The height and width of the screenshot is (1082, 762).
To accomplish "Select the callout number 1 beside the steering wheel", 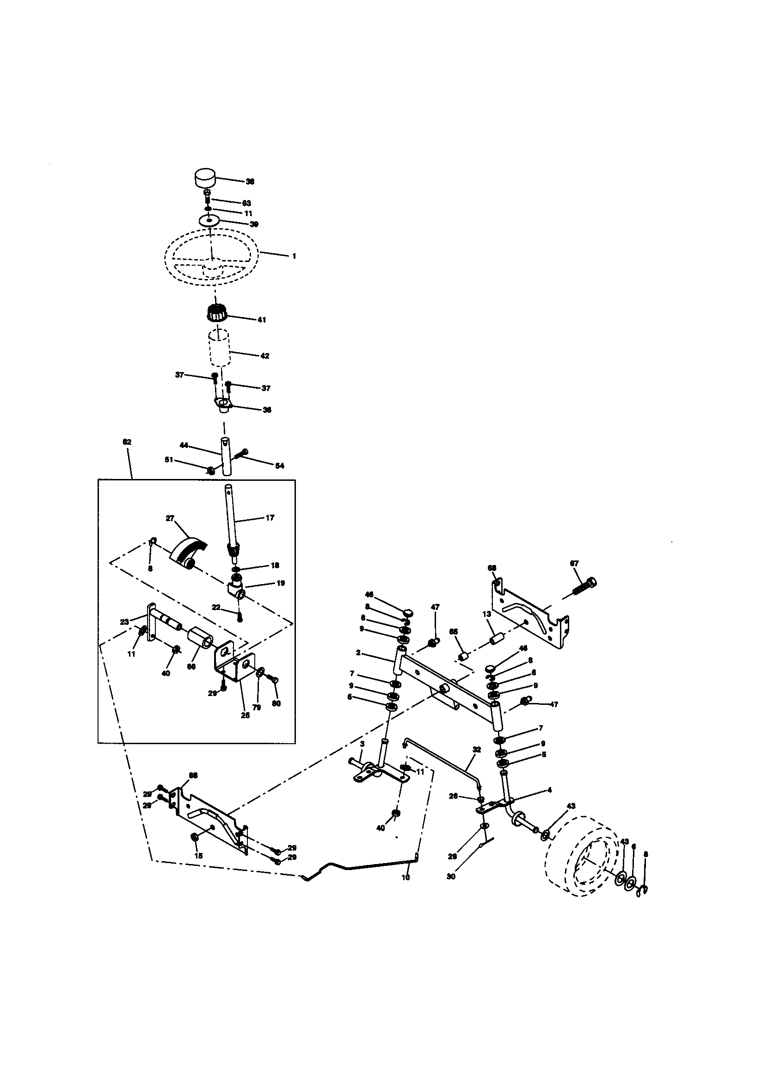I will point(295,256).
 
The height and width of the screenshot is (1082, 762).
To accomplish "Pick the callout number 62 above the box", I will point(127,442).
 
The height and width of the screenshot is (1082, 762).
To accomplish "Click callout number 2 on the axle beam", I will point(358,653).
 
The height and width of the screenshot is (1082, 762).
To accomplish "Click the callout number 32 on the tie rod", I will point(477,749).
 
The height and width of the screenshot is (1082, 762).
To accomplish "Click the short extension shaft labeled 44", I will point(226,457).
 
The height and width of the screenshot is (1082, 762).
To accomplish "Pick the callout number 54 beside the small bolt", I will point(280,466).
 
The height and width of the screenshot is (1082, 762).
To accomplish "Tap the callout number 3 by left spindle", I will point(362,743).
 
